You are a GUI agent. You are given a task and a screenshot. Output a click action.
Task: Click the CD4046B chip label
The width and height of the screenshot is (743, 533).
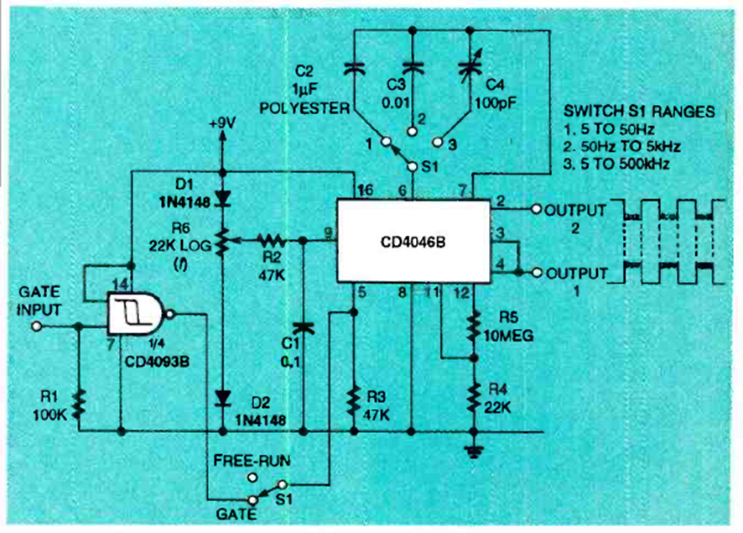tap(413, 240)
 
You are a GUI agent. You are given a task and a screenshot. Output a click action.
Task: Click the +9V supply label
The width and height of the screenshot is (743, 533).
tap(222, 123)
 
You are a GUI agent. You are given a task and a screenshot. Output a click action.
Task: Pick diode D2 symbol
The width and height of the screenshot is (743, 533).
tap(223, 395)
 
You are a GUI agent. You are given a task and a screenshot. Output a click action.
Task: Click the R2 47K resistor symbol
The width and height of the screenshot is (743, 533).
tap(272, 240)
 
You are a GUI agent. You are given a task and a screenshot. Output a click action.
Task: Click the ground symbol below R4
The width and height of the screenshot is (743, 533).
tap(474, 452)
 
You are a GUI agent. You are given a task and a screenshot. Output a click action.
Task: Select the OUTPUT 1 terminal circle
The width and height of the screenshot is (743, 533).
tap(534, 273)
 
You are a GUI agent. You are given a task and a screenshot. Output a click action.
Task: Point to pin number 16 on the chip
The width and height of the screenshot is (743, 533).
tap(362, 191)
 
